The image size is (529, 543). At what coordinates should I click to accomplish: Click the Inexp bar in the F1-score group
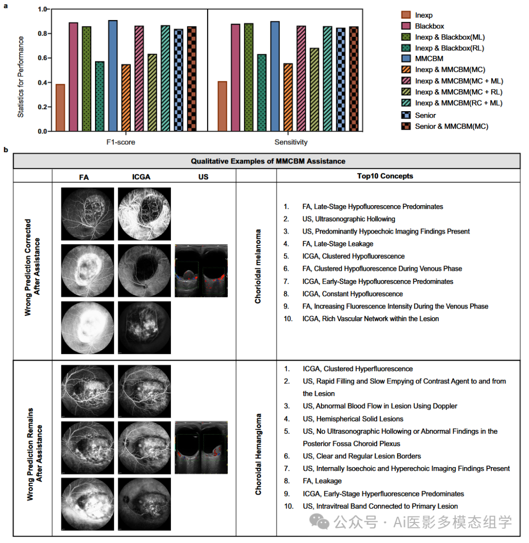pos(60,108)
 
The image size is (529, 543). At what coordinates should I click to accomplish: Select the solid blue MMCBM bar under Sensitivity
pos(275,76)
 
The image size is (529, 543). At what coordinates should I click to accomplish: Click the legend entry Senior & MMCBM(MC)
pos(451,126)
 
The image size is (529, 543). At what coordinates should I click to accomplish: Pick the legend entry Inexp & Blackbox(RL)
pos(449,48)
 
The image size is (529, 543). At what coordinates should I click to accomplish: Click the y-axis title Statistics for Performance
pos(20,70)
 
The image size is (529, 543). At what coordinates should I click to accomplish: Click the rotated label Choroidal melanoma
pos(257,266)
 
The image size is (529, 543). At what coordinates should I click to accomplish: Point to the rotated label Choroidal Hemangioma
pos(257,454)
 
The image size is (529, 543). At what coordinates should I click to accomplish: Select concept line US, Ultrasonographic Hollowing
pos(348,219)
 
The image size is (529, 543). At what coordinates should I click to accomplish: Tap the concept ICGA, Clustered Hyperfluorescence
pos(357,369)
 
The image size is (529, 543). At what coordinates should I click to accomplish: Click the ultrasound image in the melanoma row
pos(201,270)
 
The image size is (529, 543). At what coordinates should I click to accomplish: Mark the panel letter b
pos(6,150)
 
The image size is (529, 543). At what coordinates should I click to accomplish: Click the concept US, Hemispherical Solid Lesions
pos(353,419)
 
